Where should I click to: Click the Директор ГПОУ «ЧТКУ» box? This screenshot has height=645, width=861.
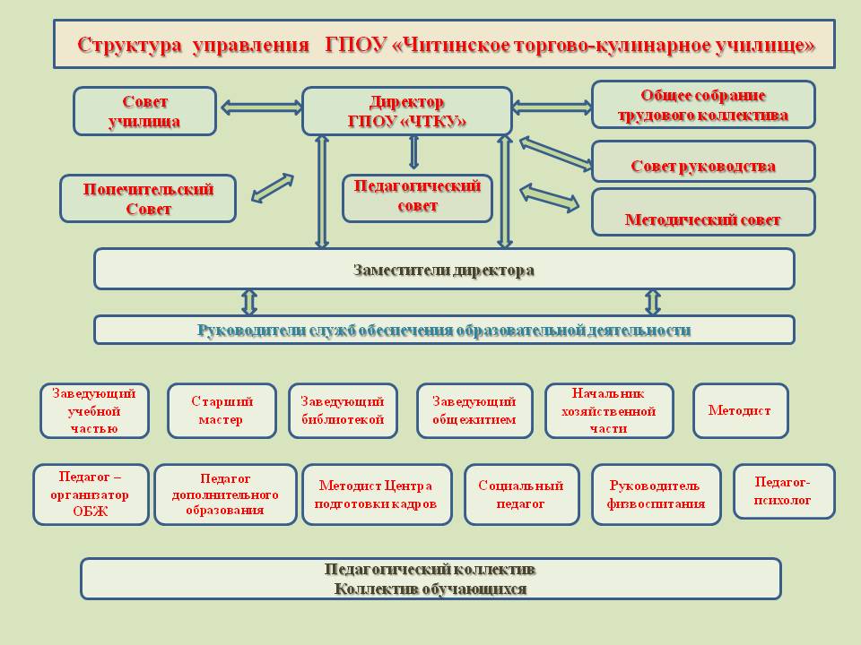(x=406, y=111)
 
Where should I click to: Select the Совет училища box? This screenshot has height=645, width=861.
(x=144, y=111)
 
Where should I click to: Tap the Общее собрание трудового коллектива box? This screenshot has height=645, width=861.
(x=703, y=105)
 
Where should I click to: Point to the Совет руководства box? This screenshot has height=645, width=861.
(x=703, y=162)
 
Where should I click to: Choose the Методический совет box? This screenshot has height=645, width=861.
(x=703, y=212)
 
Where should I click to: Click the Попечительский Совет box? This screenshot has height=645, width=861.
(x=148, y=199)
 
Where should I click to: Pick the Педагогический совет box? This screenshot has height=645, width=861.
(x=417, y=198)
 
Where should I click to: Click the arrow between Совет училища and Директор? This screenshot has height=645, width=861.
(x=258, y=107)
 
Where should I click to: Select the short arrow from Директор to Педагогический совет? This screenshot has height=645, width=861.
(x=413, y=152)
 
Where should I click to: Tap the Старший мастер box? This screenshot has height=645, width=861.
(x=221, y=411)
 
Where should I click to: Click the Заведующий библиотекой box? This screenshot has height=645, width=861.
(x=342, y=411)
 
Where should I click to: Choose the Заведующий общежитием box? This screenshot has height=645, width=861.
(x=474, y=411)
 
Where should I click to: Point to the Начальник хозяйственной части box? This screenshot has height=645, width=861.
(x=608, y=411)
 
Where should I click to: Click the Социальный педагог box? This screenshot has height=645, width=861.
(x=520, y=494)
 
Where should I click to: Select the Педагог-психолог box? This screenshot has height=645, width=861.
(x=783, y=491)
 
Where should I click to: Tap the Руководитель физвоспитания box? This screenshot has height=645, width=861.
(x=656, y=494)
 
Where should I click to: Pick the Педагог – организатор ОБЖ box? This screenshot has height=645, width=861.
(x=91, y=494)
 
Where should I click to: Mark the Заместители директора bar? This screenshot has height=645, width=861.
(x=444, y=269)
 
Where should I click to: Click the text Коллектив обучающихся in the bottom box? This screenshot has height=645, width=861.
(x=430, y=589)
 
